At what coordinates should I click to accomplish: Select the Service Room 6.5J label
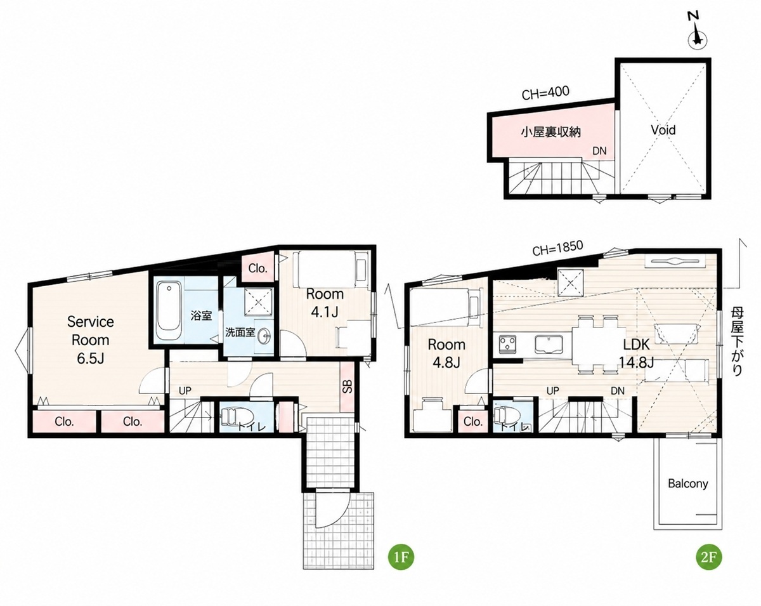coord(90,340)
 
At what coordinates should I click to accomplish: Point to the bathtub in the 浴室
coord(169,311)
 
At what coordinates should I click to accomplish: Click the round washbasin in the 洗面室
coord(264,334)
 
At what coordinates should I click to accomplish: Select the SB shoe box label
coord(348,386)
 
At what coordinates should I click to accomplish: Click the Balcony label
coord(688,484)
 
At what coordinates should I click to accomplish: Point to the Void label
coord(663,130)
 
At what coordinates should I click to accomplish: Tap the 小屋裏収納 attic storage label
coord(551,132)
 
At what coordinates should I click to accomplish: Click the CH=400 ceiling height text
coord(545,93)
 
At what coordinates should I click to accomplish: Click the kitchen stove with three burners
coord(508,344)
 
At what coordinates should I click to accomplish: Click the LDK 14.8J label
coord(636,353)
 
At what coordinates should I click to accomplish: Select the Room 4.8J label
coord(446,353)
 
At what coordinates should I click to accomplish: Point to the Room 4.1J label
coord(325,303)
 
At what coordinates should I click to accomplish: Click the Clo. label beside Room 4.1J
coord(257,268)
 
